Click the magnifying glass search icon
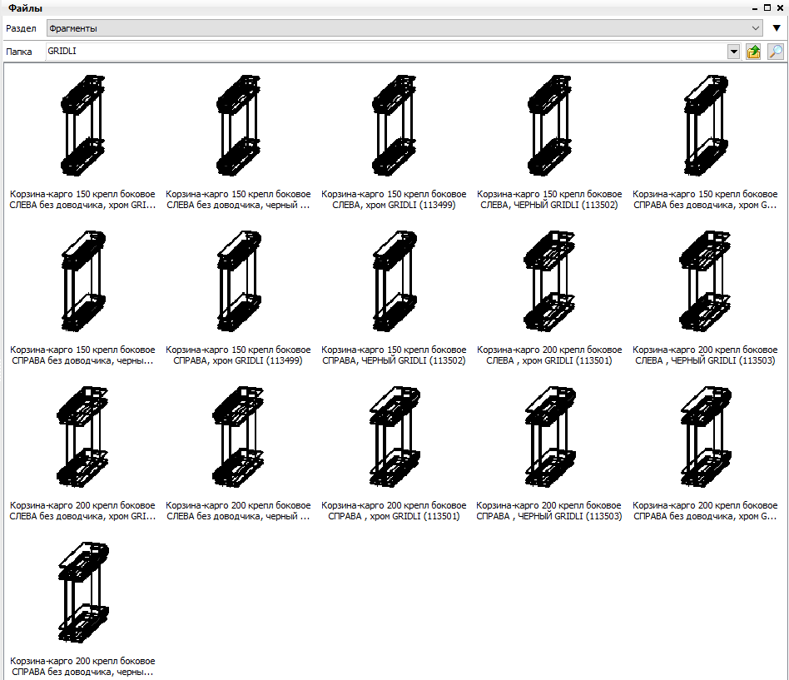click(776, 52)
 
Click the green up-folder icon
click(753, 52)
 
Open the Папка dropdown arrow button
click(733, 52)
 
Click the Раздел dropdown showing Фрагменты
click(404, 28)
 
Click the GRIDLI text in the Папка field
click(62, 51)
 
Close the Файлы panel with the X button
click(780, 7)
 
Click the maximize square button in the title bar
click(767, 7)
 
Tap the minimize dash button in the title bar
click(755, 9)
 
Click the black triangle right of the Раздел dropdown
click(777, 28)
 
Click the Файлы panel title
click(25, 8)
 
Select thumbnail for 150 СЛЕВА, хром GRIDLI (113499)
click(394, 126)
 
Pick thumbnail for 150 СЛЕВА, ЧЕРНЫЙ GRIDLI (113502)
click(549, 126)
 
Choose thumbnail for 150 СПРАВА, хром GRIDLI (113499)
click(239, 280)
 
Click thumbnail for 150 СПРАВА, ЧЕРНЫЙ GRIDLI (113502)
click(394, 280)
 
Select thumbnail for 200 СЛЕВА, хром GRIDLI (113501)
click(549, 280)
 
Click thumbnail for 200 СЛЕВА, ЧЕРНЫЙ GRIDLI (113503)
click(705, 280)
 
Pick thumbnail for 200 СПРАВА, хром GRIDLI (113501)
click(394, 436)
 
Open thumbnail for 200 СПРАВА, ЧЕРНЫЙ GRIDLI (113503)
click(549, 436)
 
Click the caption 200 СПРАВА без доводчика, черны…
click(82, 667)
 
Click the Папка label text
click(18, 52)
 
